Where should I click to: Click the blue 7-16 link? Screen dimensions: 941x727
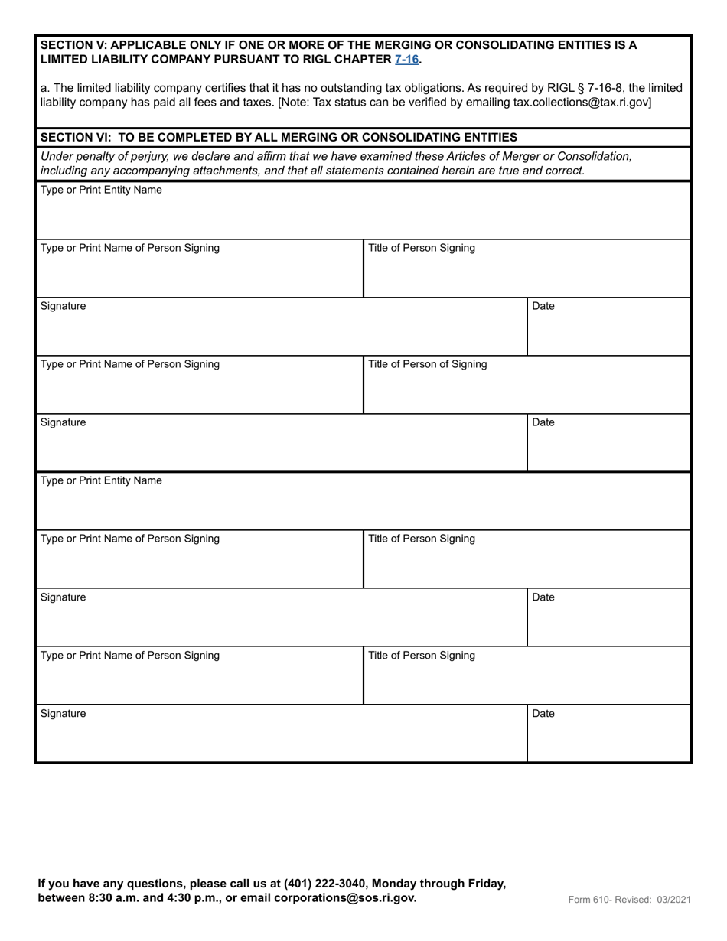coord(406,59)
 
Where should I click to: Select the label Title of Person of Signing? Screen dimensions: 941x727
coord(427,364)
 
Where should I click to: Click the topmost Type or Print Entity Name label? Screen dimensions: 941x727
coord(101,190)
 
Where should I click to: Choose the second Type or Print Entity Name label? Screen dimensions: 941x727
coord(101,480)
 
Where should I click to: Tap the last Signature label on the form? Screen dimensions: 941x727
coord(63,714)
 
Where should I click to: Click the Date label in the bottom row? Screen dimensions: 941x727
coord(543,714)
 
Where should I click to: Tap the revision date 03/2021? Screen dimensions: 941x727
coord(672,900)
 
